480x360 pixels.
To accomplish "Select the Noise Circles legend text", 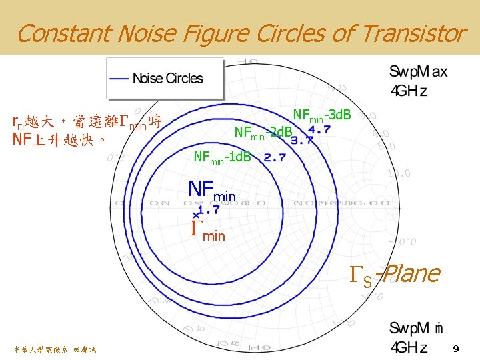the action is [x=167, y=79].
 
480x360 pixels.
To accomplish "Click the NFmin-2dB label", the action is [x=263, y=133].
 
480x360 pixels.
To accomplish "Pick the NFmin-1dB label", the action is [x=222, y=158].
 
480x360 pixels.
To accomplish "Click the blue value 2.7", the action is [x=274, y=158].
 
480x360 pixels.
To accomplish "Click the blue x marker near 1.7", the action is [x=195, y=214].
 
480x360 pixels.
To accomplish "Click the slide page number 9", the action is [x=456, y=349].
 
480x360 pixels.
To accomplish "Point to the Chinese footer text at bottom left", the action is [x=54, y=349].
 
